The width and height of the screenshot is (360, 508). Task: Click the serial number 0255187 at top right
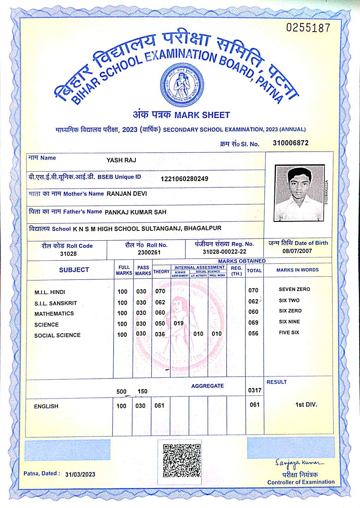pos(308,28)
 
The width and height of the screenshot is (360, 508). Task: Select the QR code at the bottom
pos(182,460)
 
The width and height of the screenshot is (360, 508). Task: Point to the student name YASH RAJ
pos(121,160)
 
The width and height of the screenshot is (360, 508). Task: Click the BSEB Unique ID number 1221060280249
pos(184,179)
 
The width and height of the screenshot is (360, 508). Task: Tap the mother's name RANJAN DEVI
pos(127,194)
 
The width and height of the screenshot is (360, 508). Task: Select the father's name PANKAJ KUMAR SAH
pos(136,212)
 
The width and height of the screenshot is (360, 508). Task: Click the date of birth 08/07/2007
pos(297,251)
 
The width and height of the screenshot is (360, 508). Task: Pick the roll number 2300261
pos(149,252)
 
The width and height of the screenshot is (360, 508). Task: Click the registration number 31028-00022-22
pos(225,252)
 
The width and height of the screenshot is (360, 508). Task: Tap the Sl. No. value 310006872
pos(291,143)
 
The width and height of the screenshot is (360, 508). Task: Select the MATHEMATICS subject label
pos(54,314)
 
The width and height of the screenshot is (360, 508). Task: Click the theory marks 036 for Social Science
pos(160,334)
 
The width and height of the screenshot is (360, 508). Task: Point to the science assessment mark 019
pos(179,323)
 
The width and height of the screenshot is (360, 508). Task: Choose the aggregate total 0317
pos(255,390)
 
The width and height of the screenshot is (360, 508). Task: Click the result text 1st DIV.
pos(306,404)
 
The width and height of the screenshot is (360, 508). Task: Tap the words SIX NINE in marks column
pos(289,322)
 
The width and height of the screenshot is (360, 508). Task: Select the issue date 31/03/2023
pos(80,474)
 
